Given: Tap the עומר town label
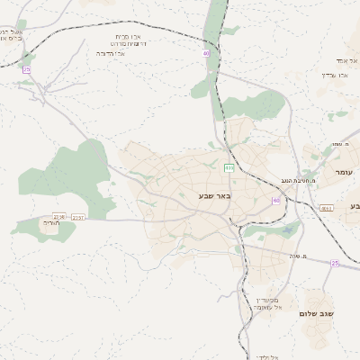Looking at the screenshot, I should pyautogui.click(x=344, y=172).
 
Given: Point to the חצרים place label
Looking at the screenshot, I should pyautogui.click(x=51, y=222).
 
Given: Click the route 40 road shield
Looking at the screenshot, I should pyautogui.click(x=206, y=53).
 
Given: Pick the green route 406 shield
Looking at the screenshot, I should pyautogui.click(x=229, y=168).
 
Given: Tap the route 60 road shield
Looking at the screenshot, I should pyautogui.click(x=275, y=200).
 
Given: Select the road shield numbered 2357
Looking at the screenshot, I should pyautogui.click(x=79, y=217).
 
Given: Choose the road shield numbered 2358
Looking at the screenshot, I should pyautogui.click(x=59, y=216).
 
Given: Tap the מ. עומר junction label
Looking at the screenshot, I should pyautogui.click(x=341, y=144).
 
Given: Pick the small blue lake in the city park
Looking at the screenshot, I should pyautogui.click(x=288, y=230).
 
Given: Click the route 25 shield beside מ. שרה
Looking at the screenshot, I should pyautogui.click(x=335, y=263).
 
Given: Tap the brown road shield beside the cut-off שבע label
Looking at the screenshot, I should pyautogui.click(x=326, y=209).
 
